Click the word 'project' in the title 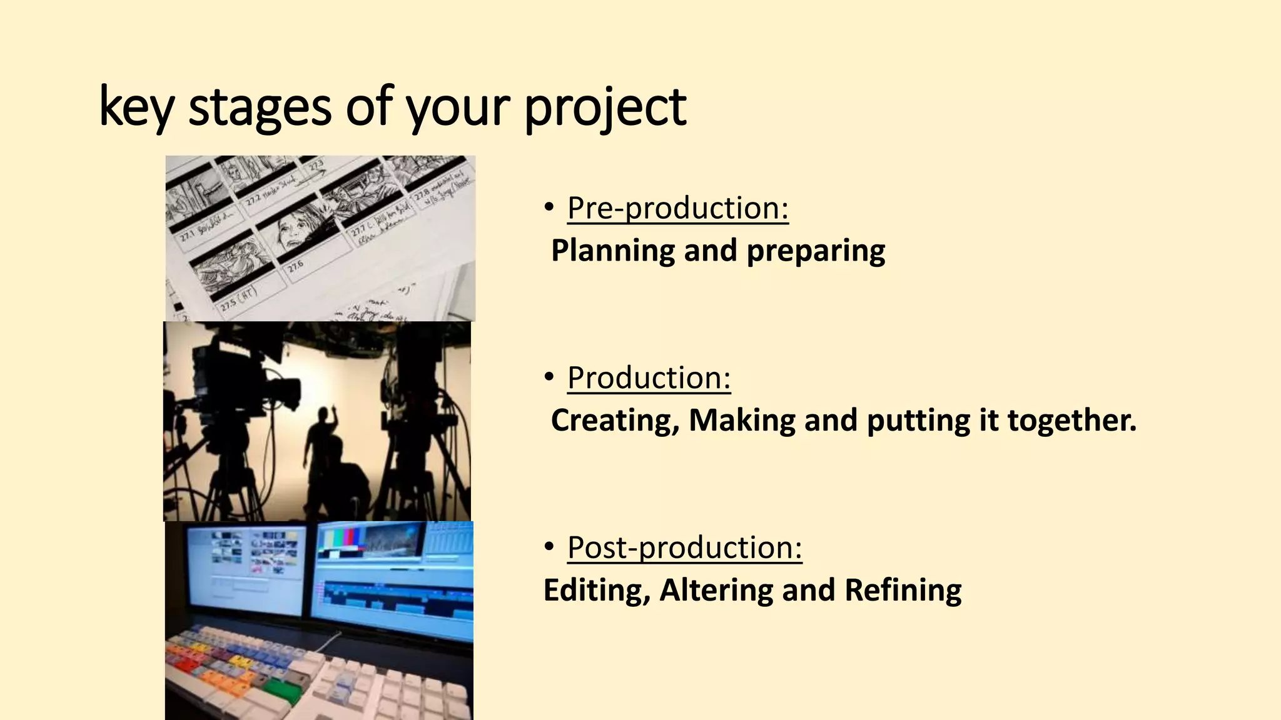(605, 107)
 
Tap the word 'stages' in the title (259, 107)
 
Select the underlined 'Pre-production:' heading (677, 207)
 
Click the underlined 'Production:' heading (649, 377)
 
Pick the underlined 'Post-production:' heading (684, 547)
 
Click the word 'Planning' (612, 251)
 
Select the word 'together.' (1071, 420)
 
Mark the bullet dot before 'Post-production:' (549, 547)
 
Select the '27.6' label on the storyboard (296, 267)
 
